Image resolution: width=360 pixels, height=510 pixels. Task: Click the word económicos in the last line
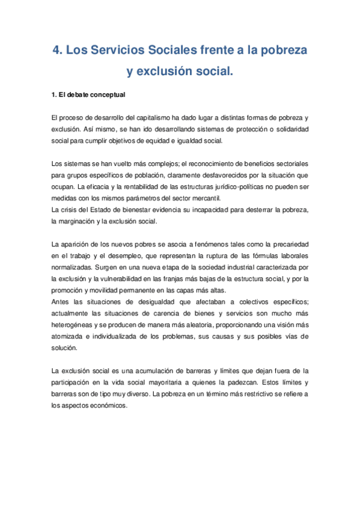click(108, 405)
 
